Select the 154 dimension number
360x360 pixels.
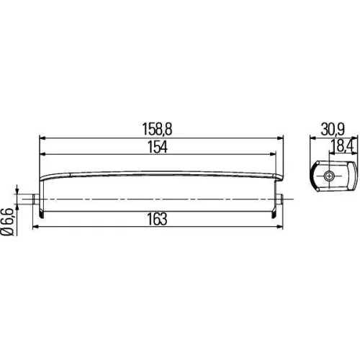[x=158, y=148]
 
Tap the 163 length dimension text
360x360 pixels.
[x=158, y=218]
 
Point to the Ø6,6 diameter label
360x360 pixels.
[x=9, y=222]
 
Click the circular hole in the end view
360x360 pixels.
[x=329, y=178]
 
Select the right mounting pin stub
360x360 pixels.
[x=284, y=199]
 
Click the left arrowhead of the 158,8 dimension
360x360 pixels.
[x=42, y=136]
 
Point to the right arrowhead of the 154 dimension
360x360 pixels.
[x=273, y=154]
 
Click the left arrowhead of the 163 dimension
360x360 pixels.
[x=33, y=226]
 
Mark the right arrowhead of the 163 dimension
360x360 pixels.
[x=284, y=226]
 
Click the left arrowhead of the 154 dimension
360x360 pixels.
[x=42, y=154]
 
